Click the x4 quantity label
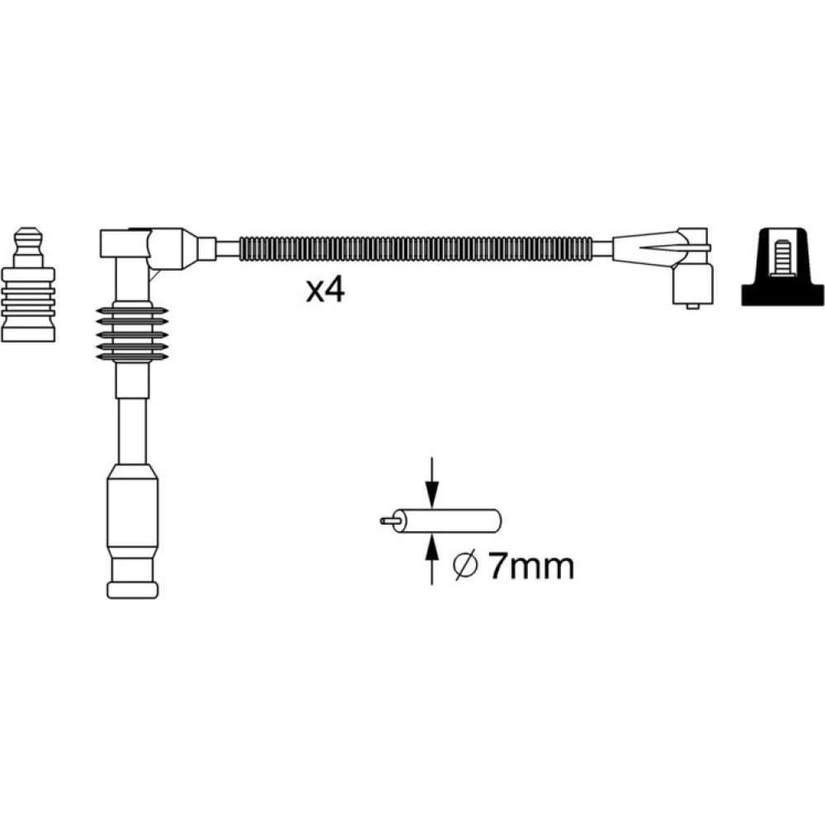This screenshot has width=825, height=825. [x=325, y=290]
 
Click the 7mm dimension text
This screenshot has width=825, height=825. [x=531, y=566]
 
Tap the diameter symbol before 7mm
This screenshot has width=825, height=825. [x=465, y=567]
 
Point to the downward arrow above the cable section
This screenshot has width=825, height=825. [x=432, y=483]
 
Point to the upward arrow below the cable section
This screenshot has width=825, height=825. [x=432, y=559]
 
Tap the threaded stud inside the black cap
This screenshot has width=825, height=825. [x=783, y=257]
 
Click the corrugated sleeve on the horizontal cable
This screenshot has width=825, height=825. [x=416, y=249]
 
